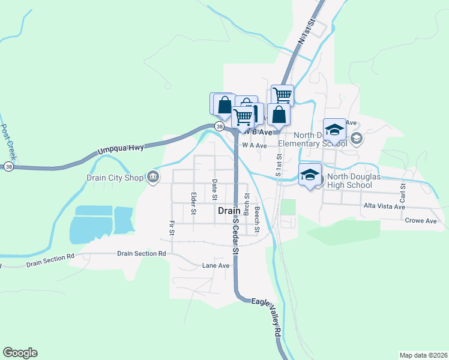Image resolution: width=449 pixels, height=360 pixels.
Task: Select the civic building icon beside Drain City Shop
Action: coord(153,176)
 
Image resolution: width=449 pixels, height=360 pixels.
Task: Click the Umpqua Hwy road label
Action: coord(121,151)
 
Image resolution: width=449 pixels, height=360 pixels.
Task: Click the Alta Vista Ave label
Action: coord(384,206)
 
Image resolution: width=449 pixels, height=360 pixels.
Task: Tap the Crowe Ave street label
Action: coord(421,221)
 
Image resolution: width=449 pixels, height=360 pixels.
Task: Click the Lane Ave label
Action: coord(216,265)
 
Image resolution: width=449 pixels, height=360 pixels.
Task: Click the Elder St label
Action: coord(193,203)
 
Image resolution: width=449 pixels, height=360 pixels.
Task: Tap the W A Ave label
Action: coord(255,145)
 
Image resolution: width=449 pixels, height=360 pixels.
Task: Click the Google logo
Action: coord(20,353)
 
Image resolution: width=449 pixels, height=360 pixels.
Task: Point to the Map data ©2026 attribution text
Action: coord(423,355)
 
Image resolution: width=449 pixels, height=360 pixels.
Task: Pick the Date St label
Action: coord(214,189)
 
